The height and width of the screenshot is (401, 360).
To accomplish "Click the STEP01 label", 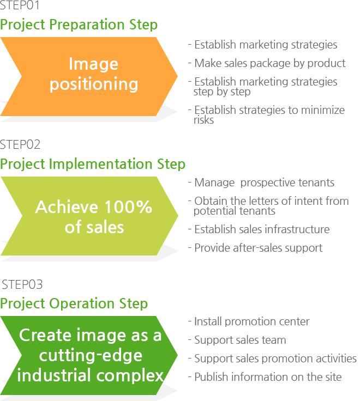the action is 20,5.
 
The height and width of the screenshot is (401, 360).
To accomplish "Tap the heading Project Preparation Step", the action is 79,25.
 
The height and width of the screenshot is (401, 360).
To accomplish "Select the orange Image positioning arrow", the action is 88,76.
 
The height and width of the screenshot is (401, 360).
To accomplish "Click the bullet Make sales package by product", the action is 267,63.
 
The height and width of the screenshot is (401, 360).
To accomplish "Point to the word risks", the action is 203,120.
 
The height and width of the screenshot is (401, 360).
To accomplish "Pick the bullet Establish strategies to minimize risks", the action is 266,115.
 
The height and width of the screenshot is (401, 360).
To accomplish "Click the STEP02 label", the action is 20,144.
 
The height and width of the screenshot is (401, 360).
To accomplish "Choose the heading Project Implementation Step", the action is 93,164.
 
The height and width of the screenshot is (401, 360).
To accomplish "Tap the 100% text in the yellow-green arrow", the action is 128,206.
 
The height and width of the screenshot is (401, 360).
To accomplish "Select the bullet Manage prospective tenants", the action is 261,183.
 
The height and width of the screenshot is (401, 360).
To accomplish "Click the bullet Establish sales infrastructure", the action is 259,229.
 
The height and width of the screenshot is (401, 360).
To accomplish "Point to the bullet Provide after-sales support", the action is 255,248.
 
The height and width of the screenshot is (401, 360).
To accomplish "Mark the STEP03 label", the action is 22,284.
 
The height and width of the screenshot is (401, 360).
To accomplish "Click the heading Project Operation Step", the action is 74,304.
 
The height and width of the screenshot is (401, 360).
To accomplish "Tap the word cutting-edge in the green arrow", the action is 91,355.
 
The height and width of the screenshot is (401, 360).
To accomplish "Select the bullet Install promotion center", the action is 249,321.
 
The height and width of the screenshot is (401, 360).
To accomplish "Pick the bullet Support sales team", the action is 237,340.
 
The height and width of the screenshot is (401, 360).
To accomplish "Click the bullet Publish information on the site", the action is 265,377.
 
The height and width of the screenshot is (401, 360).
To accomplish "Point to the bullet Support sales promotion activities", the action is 272,359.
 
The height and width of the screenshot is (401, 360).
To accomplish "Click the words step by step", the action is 222,92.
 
